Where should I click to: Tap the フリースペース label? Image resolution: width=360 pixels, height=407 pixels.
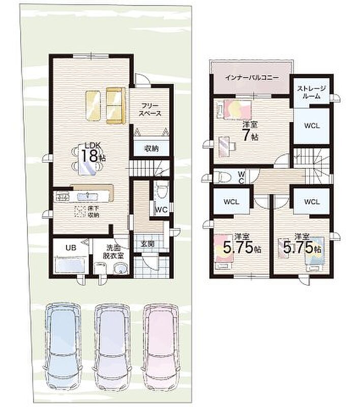pyautogui.click(x=150, y=109)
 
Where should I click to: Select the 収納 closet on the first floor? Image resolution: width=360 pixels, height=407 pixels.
pyautogui.click(x=152, y=149)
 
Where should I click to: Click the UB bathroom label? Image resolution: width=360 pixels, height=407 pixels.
pyautogui.click(x=71, y=248)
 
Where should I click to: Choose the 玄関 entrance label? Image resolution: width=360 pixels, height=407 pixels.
pyautogui.click(x=147, y=244)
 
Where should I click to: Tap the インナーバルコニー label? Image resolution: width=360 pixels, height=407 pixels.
pyautogui.click(x=252, y=77)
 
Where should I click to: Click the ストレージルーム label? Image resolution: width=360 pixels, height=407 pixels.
pyautogui.click(x=311, y=92)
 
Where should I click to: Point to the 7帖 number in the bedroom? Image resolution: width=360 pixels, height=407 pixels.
pyautogui.click(x=250, y=135)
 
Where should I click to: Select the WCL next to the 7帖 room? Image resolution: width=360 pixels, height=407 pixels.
pyautogui.click(x=312, y=126)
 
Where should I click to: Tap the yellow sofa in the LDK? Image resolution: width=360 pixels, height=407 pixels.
pyautogui.click(x=115, y=105)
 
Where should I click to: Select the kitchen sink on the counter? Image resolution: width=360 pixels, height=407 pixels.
pyautogui.click(x=87, y=196)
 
